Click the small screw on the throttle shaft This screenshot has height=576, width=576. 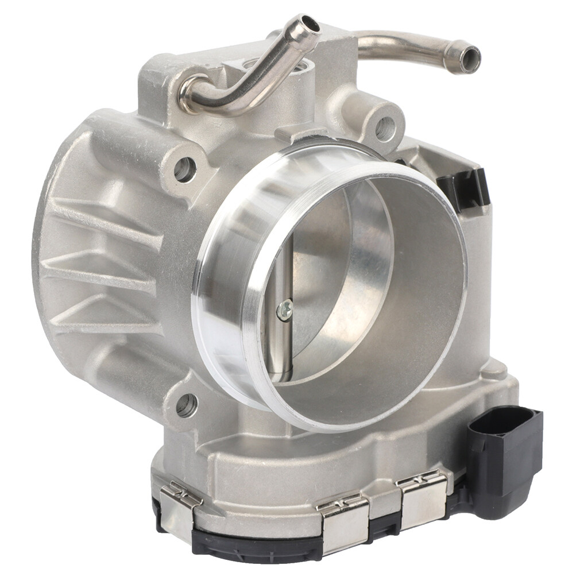coord(285,310)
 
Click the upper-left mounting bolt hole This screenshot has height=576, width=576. coord(184,168)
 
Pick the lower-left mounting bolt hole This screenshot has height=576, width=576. coord(185,405)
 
